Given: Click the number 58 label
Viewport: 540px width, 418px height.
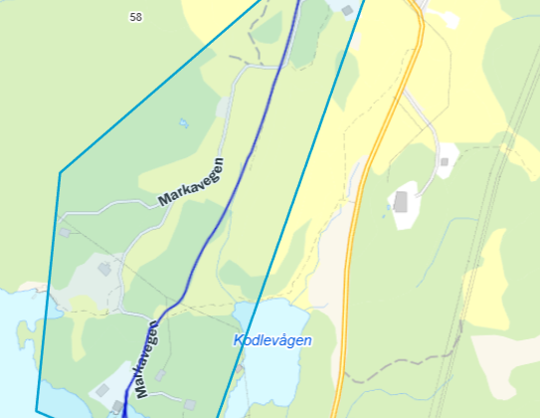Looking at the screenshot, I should [x=135, y=17].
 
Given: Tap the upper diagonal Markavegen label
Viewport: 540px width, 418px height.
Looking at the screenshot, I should [x=191, y=182].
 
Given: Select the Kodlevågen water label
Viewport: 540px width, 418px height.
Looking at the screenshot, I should [x=272, y=340].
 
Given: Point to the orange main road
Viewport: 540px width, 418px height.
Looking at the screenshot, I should [x=370, y=159].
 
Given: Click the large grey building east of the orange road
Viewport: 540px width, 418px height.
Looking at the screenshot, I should [x=401, y=202].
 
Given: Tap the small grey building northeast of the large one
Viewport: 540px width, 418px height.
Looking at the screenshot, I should [x=445, y=161].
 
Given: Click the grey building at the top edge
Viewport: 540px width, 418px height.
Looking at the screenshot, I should [x=346, y=10].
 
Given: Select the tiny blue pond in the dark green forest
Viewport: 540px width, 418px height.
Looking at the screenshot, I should [x=182, y=123].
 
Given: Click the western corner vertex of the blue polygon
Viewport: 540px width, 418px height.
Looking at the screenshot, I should [x=60, y=173].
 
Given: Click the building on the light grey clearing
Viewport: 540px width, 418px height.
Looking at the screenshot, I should [x=104, y=269].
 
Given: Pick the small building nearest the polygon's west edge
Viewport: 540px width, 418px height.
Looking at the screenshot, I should [x=65, y=232].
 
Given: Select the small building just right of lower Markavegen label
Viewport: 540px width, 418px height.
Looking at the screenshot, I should [x=160, y=375].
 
